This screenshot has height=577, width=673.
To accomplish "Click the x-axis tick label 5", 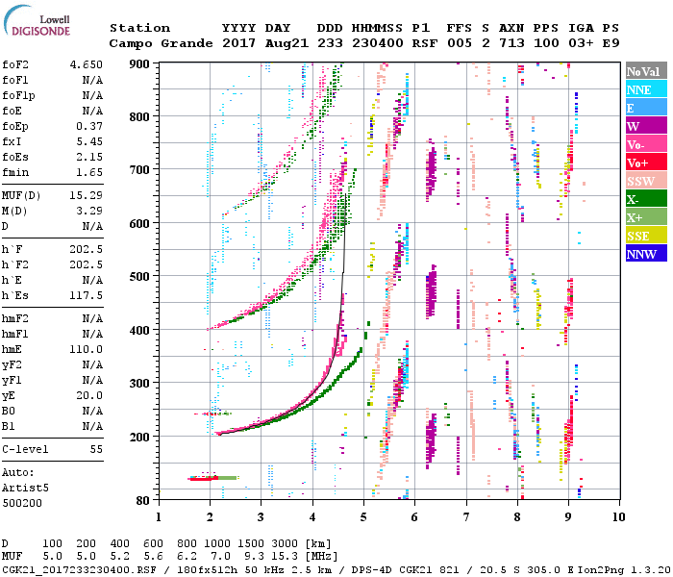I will (363, 516).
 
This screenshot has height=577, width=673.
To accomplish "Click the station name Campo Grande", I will (155, 43).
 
